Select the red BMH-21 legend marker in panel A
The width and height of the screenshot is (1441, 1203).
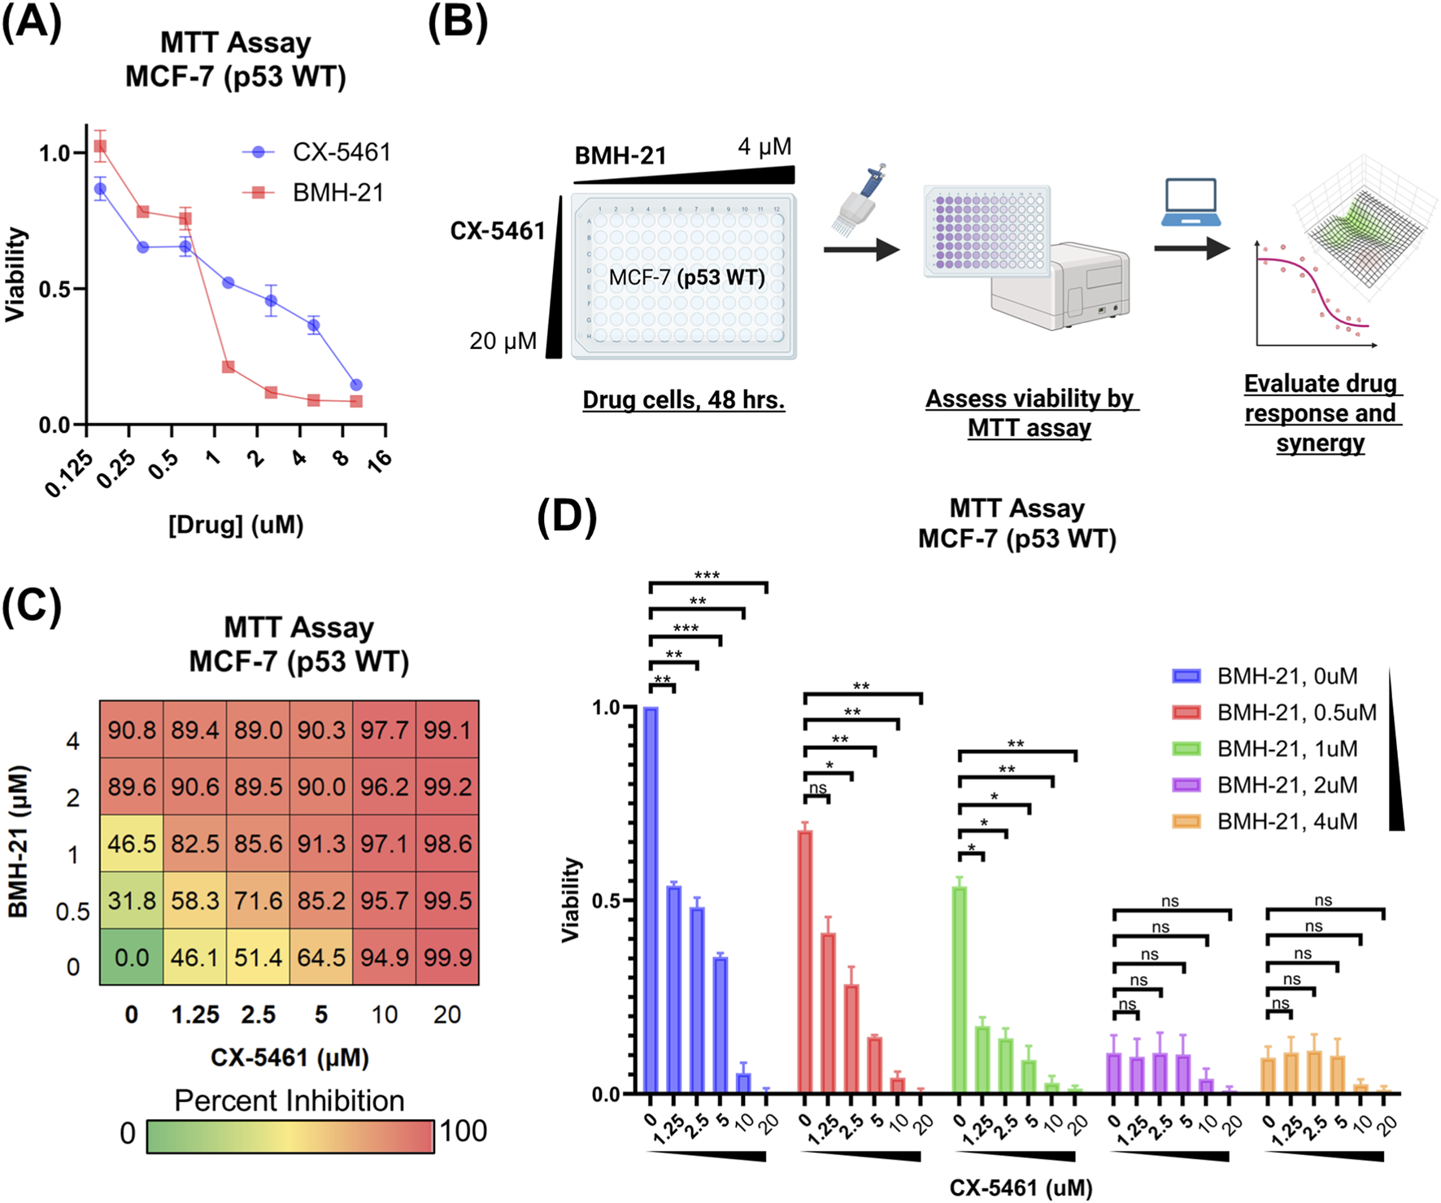(x=259, y=193)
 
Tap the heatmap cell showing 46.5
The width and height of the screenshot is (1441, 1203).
(x=132, y=843)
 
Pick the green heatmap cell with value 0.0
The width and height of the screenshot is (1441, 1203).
(x=132, y=957)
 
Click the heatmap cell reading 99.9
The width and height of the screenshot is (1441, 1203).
(x=447, y=957)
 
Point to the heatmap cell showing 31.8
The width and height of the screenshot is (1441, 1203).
(x=132, y=900)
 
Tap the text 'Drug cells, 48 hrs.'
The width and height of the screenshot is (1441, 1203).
(x=683, y=400)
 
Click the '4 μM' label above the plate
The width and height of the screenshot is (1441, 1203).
(x=764, y=147)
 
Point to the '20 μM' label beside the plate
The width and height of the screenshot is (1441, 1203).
(x=503, y=341)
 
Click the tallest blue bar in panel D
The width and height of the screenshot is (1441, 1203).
(x=651, y=899)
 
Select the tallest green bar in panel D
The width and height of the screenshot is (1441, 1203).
(x=960, y=988)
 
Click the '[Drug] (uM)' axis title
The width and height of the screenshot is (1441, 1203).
(x=236, y=525)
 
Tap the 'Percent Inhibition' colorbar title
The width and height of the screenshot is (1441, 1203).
(x=289, y=1101)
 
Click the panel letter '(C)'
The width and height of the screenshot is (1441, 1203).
(x=31, y=606)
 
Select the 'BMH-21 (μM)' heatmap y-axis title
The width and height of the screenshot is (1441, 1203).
(x=18, y=842)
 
